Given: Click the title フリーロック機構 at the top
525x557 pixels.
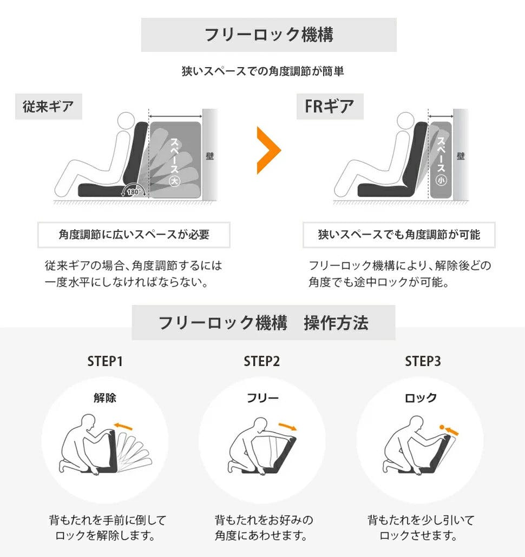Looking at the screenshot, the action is [x=268, y=35].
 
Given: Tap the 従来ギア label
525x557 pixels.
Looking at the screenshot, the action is [x=48, y=106].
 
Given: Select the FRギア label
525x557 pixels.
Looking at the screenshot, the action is [x=330, y=106].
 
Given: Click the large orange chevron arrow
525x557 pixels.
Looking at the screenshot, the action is [x=269, y=150].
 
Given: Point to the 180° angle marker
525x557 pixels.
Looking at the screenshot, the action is [x=134, y=192].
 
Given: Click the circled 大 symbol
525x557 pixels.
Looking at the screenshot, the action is [x=174, y=181].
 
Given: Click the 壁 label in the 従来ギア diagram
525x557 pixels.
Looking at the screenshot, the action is [x=209, y=156].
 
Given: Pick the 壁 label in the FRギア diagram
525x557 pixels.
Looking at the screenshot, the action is [x=461, y=156].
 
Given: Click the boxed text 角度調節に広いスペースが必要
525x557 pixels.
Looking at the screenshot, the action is [x=134, y=235].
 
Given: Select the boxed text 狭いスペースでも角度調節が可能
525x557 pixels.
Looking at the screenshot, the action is [x=399, y=235].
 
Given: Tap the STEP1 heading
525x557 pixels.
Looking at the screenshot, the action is [x=105, y=361].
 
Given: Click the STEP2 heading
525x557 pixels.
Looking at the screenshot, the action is [x=261, y=361].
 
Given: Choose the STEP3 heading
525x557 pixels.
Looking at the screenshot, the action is [x=423, y=361].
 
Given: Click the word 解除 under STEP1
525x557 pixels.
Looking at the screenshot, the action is [x=105, y=398].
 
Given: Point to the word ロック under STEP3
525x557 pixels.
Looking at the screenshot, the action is [x=421, y=398].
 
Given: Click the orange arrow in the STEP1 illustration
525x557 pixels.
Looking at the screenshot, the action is [x=123, y=426].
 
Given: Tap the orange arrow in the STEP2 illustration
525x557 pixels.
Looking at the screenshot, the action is [x=287, y=426].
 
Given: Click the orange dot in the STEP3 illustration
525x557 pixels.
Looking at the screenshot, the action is [x=442, y=427].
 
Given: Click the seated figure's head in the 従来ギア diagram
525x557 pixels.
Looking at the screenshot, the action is [x=126, y=121].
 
